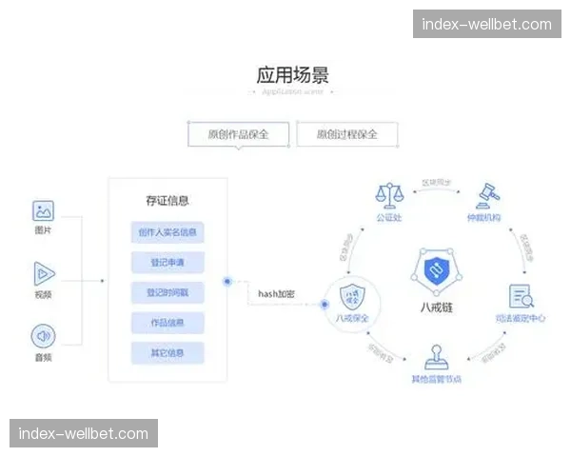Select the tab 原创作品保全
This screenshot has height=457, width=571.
coord(239,134)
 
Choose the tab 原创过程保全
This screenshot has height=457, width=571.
coord(347,134)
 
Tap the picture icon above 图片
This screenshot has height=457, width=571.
coord(43,211)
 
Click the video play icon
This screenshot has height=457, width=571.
coord(43,274)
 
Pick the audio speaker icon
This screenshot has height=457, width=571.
coord(43,336)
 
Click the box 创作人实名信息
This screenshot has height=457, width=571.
coord(167,232)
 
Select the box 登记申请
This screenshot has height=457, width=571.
coord(167,262)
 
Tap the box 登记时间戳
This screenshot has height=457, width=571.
coord(167,292)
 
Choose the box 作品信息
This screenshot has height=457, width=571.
coord(167,323)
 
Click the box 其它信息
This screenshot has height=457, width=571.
coord(167,353)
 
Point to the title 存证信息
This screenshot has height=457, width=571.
coord(167,201)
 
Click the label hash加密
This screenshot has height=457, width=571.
coord(277,293)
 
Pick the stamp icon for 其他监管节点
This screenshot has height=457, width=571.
coord(436,360)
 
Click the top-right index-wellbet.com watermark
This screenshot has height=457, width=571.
coord(486,24)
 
